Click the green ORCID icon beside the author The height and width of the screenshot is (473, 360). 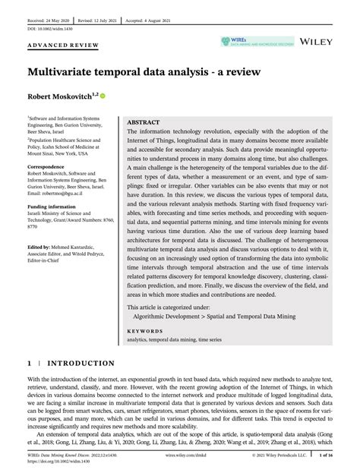103,97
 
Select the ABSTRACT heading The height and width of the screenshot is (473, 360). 144,121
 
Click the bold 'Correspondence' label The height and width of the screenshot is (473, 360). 46,166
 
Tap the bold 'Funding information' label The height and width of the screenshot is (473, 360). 52,207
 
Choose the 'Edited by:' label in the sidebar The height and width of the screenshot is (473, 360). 39,247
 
